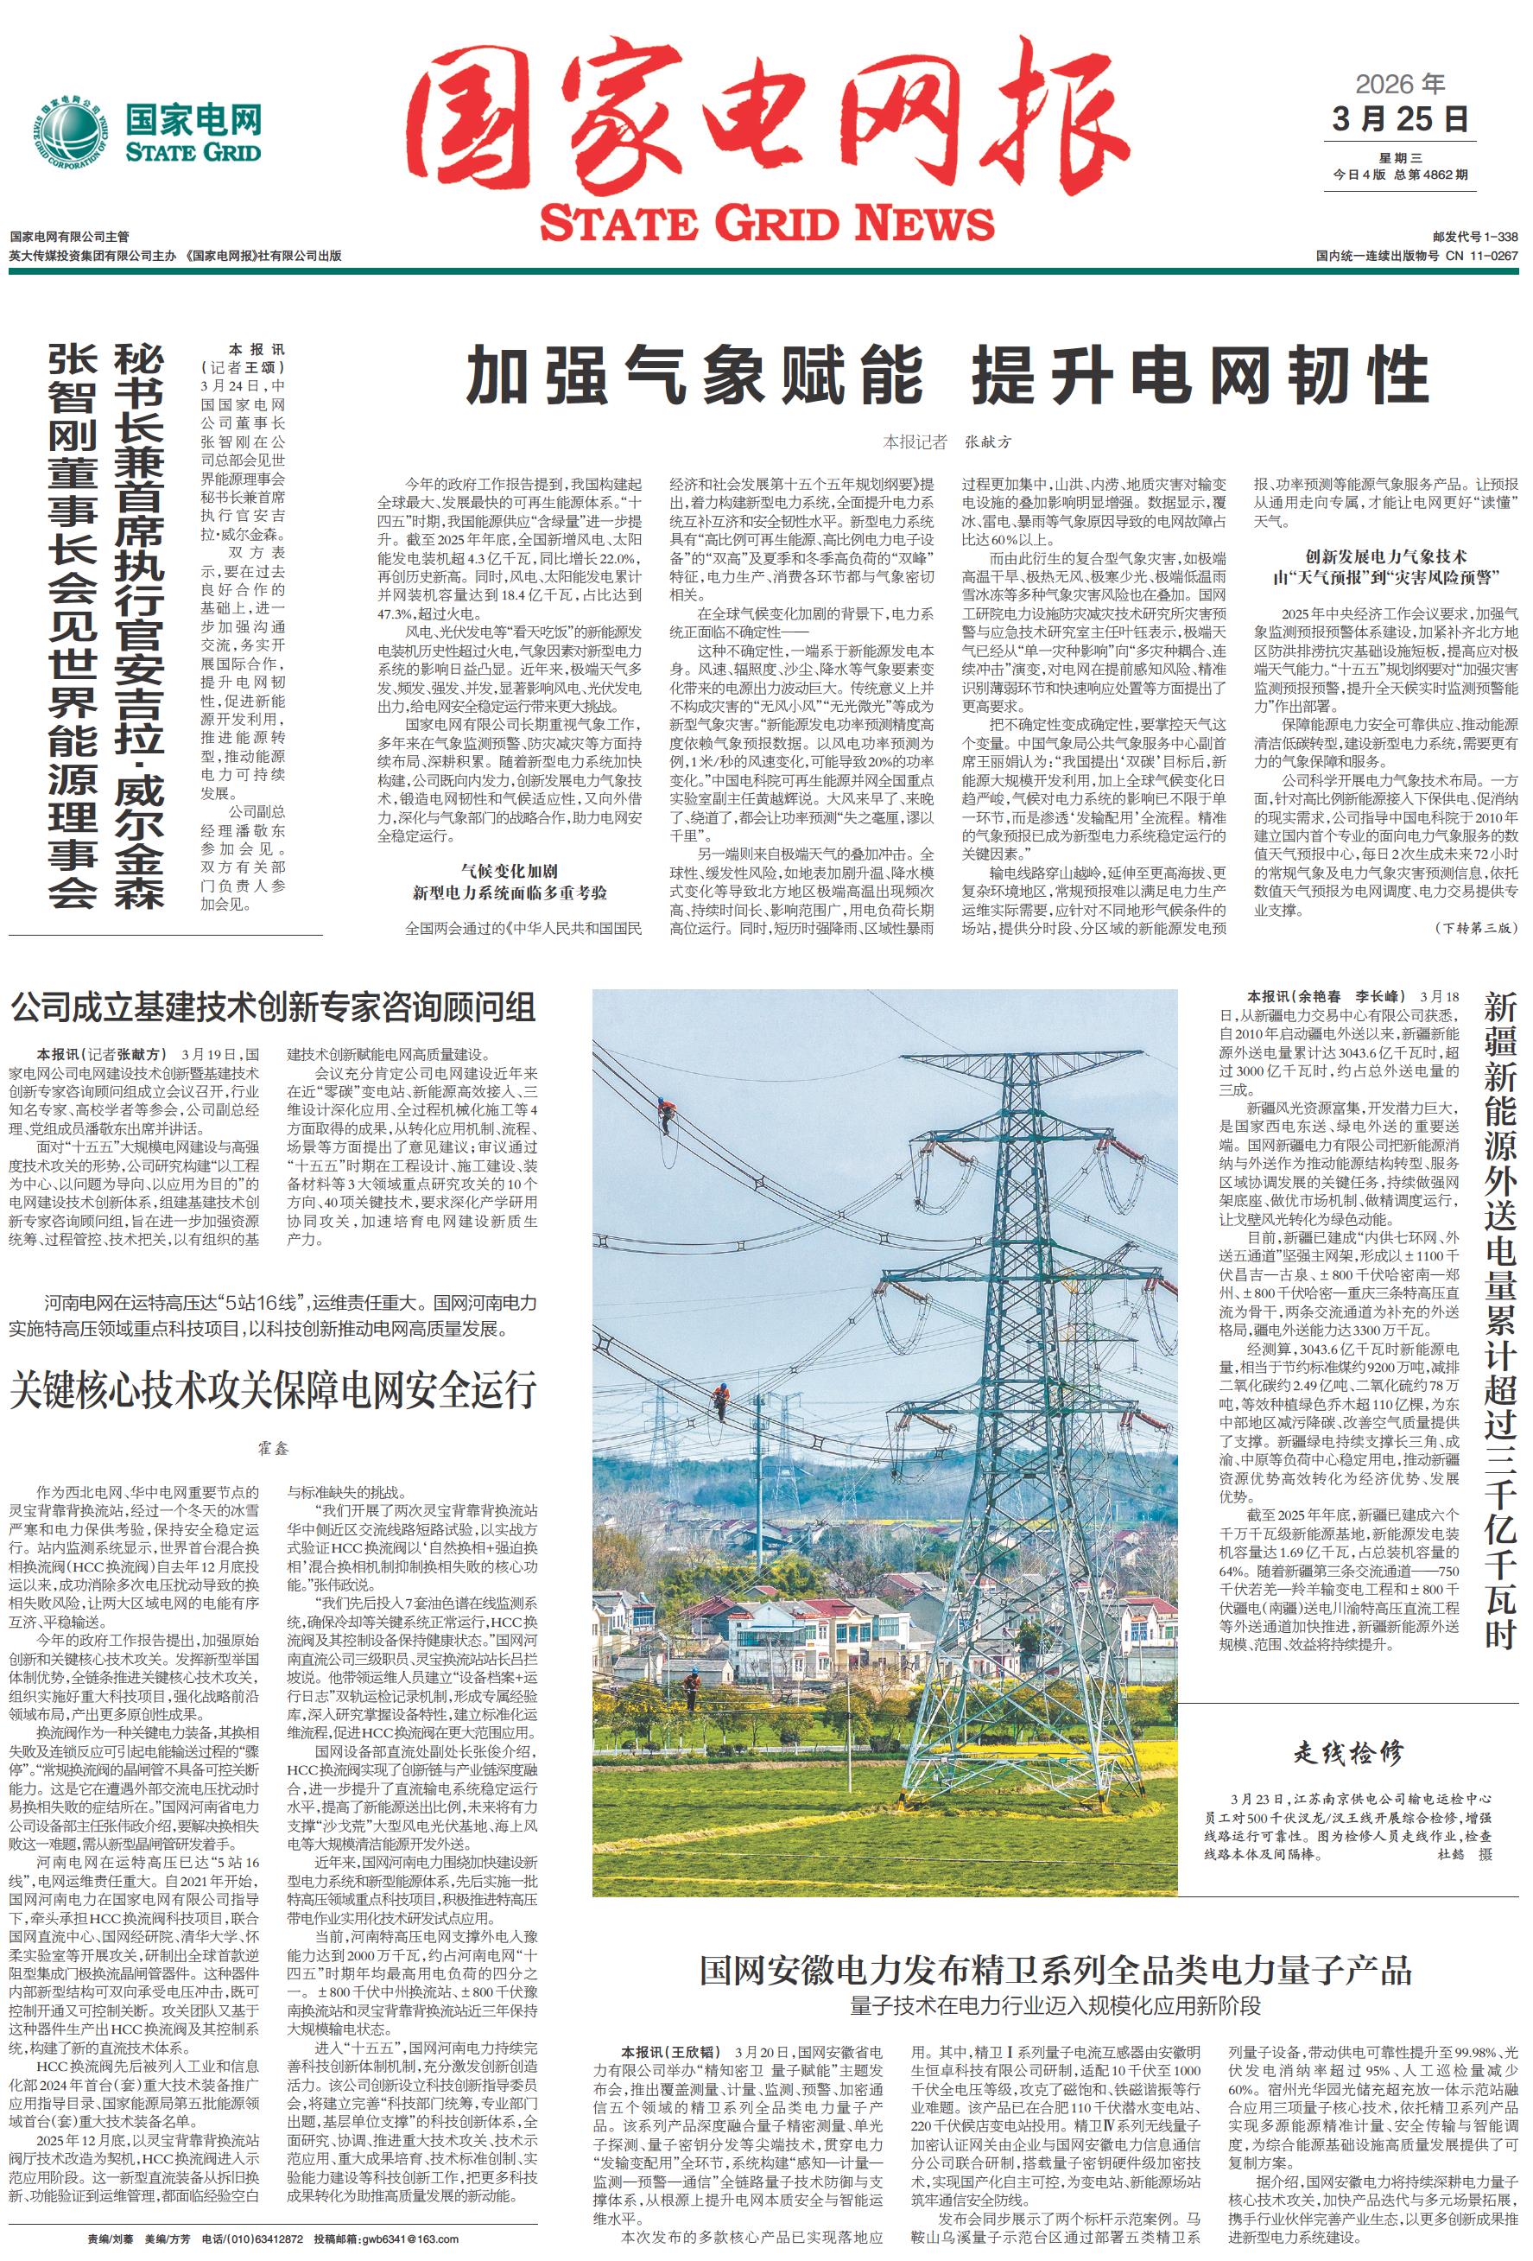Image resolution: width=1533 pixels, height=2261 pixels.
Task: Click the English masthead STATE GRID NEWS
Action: (x=767, y=223)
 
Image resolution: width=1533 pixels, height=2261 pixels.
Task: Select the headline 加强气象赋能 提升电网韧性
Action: (x=947, y=377)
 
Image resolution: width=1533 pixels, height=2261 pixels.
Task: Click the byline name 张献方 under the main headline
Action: (x=987, y=441)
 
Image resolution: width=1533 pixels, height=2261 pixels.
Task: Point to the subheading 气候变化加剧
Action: (x=509, y=870)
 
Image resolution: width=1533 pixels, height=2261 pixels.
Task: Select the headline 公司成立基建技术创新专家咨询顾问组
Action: (x=273, y=1007)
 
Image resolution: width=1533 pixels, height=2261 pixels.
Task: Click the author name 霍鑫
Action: (x=273, y=1449)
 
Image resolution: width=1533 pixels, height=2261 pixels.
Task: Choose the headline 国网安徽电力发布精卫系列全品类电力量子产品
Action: (x=1055, y=1944)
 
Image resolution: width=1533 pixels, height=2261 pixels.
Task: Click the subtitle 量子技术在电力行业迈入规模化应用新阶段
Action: (x=1055, y=1978)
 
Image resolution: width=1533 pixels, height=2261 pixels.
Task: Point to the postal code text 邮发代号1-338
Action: (x=1473, y=237)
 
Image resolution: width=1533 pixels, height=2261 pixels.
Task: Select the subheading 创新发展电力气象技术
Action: (x=1385, y=556)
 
